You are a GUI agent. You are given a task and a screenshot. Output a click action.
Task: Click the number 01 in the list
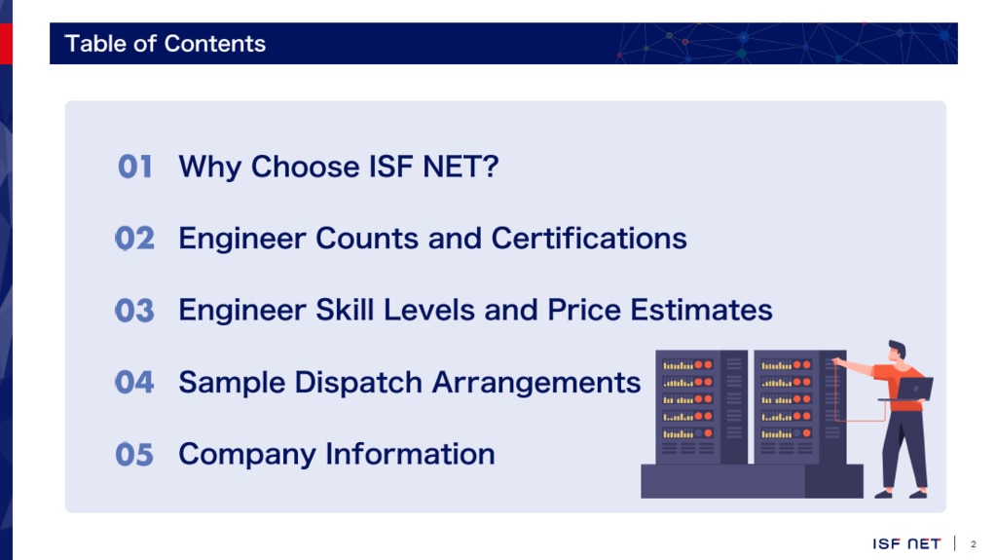click(x=134, y=167)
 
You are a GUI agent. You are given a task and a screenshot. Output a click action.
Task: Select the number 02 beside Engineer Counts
click(x=134, y=239)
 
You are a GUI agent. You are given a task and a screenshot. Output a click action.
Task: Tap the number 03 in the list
click(x=134, y=311)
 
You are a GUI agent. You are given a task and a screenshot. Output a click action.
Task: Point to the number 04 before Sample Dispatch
click(x=134, y=382)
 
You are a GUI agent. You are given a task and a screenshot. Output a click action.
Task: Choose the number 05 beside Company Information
click(x=134, y=455)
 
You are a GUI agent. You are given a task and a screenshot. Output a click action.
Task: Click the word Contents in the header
click(x=215, y=44)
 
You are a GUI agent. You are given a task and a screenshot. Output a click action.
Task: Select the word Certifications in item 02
click(x=589, y=239)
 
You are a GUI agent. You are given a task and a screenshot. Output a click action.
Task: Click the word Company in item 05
click(x=247, y=455)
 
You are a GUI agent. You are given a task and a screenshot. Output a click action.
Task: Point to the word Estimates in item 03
click(x=701, y=311)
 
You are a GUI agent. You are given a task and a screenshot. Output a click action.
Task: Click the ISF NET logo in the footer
click(x=906, y=543)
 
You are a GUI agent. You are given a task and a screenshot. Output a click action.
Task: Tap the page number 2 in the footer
click(x=974, y=544)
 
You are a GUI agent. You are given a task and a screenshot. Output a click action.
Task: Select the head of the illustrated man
click(x=898, y=352)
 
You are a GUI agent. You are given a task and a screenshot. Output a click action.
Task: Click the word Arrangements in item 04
click(x=536, y=383)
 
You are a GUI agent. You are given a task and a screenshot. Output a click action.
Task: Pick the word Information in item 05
click(x=410, y=454)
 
